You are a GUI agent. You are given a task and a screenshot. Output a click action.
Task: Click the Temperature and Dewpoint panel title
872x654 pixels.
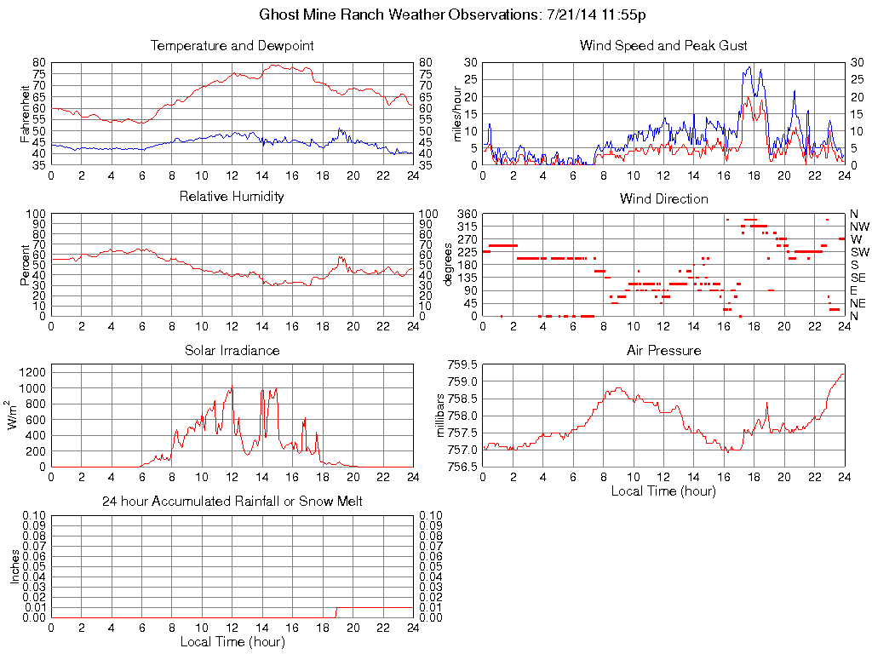(232, 45)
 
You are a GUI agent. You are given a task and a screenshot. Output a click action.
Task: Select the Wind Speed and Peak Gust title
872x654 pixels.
(663, 45)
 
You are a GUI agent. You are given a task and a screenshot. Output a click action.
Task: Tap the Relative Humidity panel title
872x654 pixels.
(232, 197)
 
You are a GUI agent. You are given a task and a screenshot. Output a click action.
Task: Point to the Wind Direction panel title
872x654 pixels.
(663, 198)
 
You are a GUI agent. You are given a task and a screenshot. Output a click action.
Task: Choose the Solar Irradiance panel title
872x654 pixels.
(232, 350)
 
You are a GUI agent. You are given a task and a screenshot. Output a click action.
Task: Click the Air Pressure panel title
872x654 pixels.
(663, 350)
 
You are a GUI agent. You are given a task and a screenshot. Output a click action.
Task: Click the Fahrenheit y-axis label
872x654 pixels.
(25, 113)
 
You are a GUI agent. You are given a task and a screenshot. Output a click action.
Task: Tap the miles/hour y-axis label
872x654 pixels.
(456, 113)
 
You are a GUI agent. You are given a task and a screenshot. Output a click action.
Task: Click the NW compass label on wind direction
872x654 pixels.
(859, 227)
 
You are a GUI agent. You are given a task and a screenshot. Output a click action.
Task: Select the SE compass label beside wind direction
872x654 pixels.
(859, 278)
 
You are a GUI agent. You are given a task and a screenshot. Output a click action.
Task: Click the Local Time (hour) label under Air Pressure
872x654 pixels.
(663, 490)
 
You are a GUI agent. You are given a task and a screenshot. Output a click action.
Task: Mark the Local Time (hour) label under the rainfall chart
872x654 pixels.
(232, 641)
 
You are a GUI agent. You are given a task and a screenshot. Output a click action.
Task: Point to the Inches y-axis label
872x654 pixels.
(14, 566)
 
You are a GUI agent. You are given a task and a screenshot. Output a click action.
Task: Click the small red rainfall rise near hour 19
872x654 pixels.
(336, 611)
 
